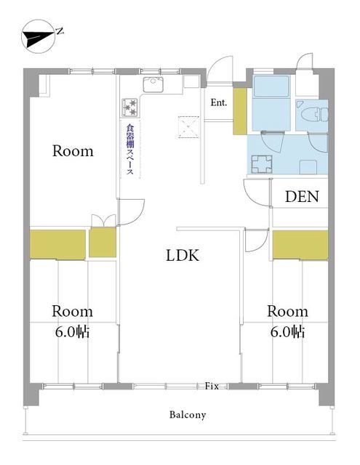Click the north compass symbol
39,36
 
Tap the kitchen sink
153,84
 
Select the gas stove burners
129,107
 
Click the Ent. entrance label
219,102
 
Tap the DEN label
302,196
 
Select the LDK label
183,255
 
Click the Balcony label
188,414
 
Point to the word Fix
212,386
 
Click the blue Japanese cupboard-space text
130,150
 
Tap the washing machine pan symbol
262,164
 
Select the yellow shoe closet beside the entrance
240,111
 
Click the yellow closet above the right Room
300,245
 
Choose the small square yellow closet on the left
103,242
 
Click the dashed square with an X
189,127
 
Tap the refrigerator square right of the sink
191,81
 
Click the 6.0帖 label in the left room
72,332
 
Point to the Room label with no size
73,151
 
